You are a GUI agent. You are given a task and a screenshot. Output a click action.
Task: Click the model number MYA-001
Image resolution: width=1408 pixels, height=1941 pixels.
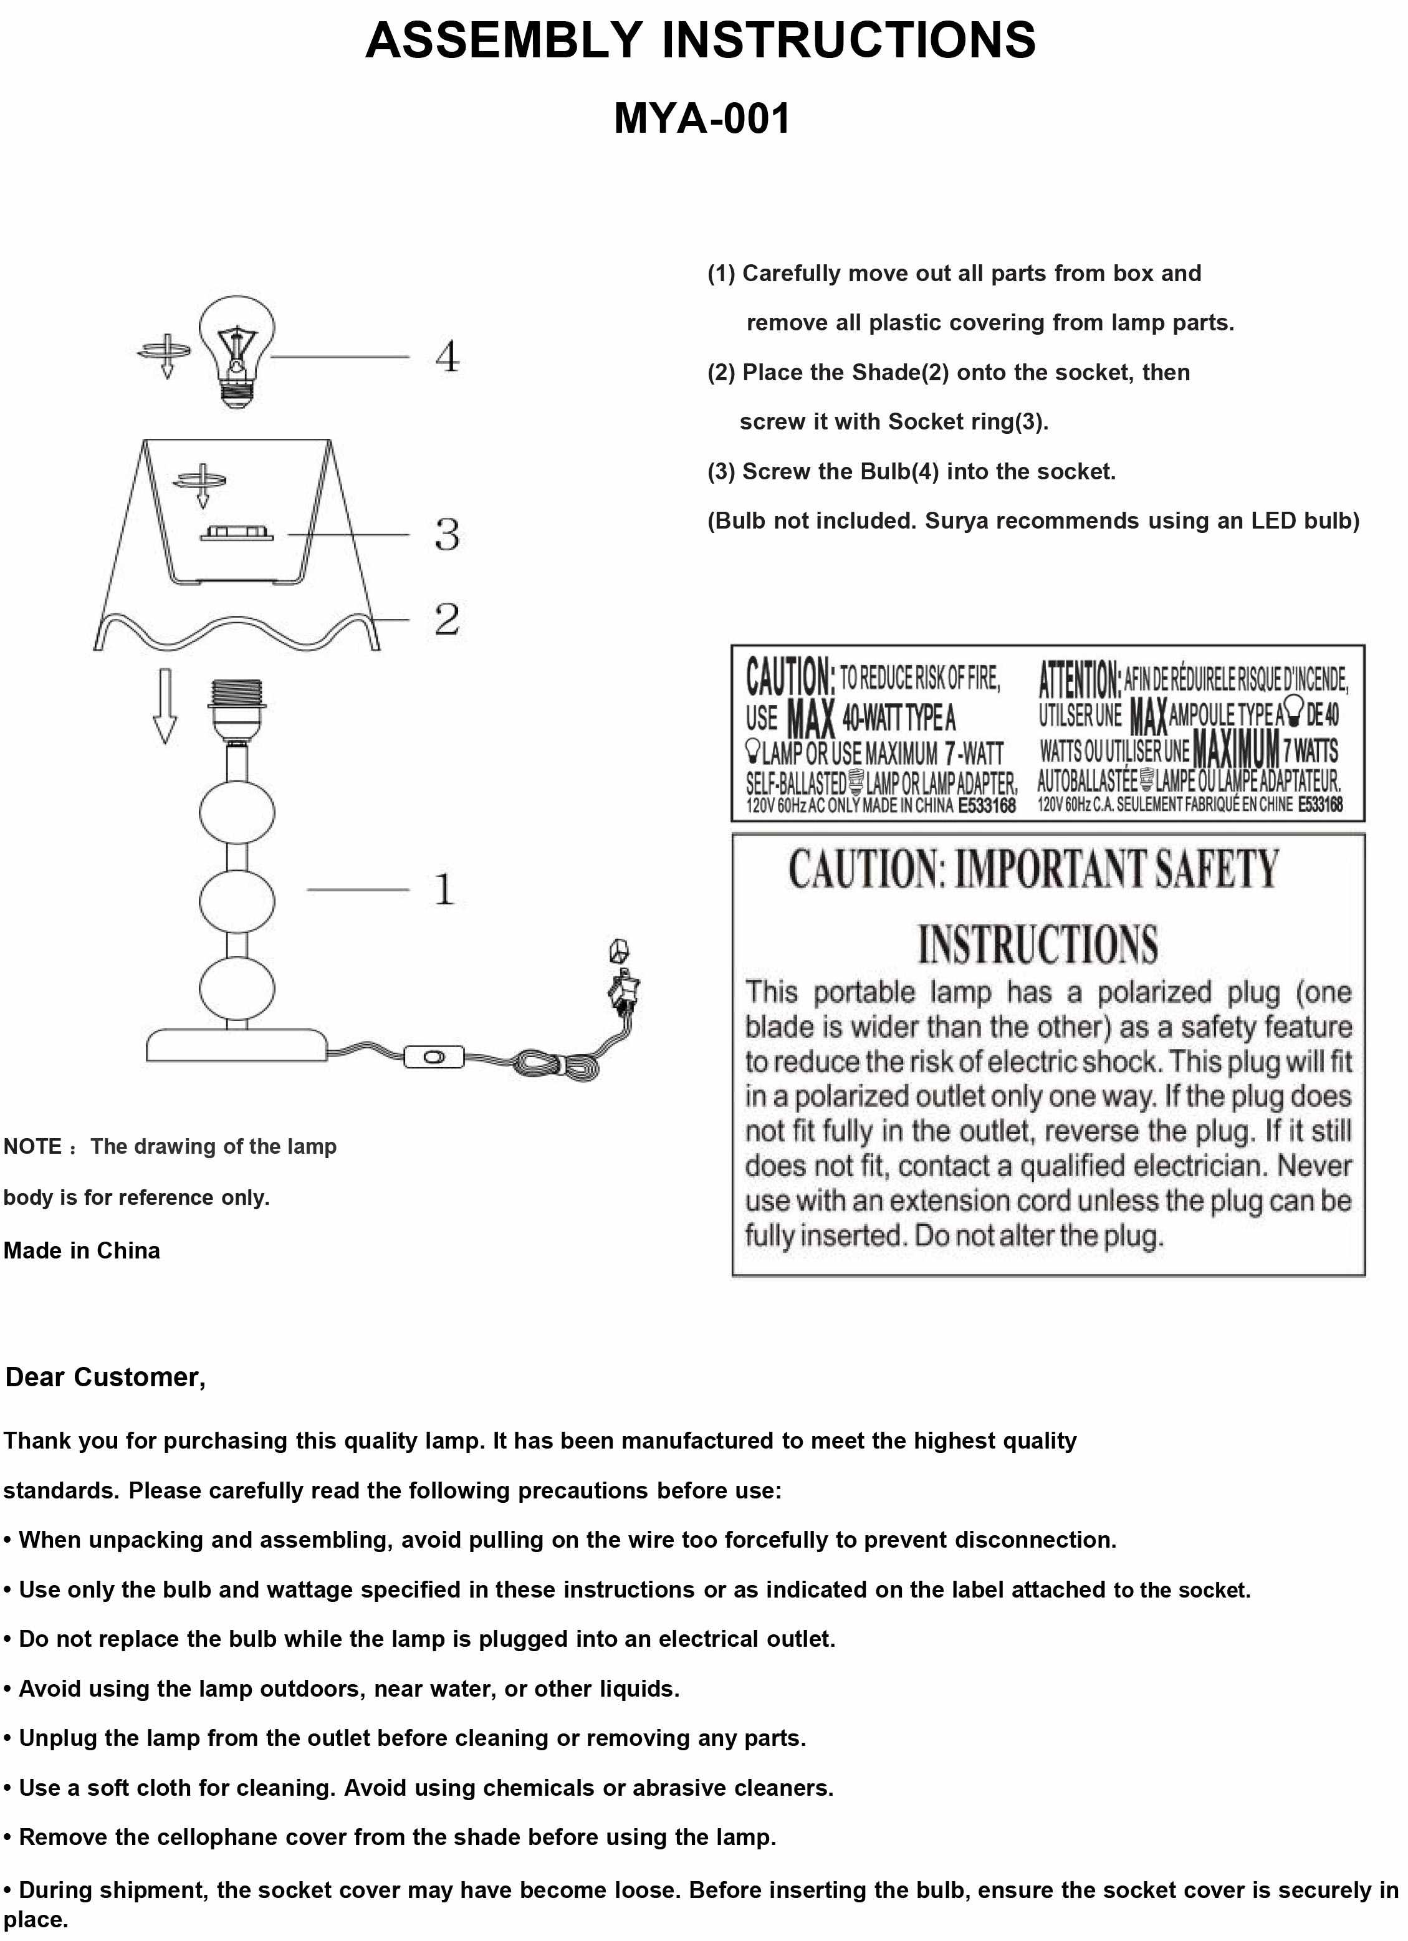[702, 118]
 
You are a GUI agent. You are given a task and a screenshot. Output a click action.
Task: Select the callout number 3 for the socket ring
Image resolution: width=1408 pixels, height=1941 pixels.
[447, 534]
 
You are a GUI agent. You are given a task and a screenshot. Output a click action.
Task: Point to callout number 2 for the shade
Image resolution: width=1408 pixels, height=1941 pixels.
[447, 619]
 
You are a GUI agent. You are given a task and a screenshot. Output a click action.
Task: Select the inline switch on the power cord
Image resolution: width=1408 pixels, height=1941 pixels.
[434, 1057]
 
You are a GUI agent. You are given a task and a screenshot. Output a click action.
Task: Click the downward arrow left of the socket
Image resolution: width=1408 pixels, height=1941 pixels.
[165, 707]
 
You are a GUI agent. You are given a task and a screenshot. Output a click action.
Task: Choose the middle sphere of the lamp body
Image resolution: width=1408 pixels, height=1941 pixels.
[237, 899]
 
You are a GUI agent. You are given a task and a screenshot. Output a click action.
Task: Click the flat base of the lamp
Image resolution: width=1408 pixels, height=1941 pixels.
[236, 1046]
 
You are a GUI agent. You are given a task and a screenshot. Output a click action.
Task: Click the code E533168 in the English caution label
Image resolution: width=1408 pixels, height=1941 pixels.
[986, 805]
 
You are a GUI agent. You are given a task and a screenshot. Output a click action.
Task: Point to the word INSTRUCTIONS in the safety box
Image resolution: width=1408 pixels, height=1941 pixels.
[1037, 944]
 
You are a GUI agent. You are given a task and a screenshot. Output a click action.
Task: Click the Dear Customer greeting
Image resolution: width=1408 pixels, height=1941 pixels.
[105, 1377]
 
